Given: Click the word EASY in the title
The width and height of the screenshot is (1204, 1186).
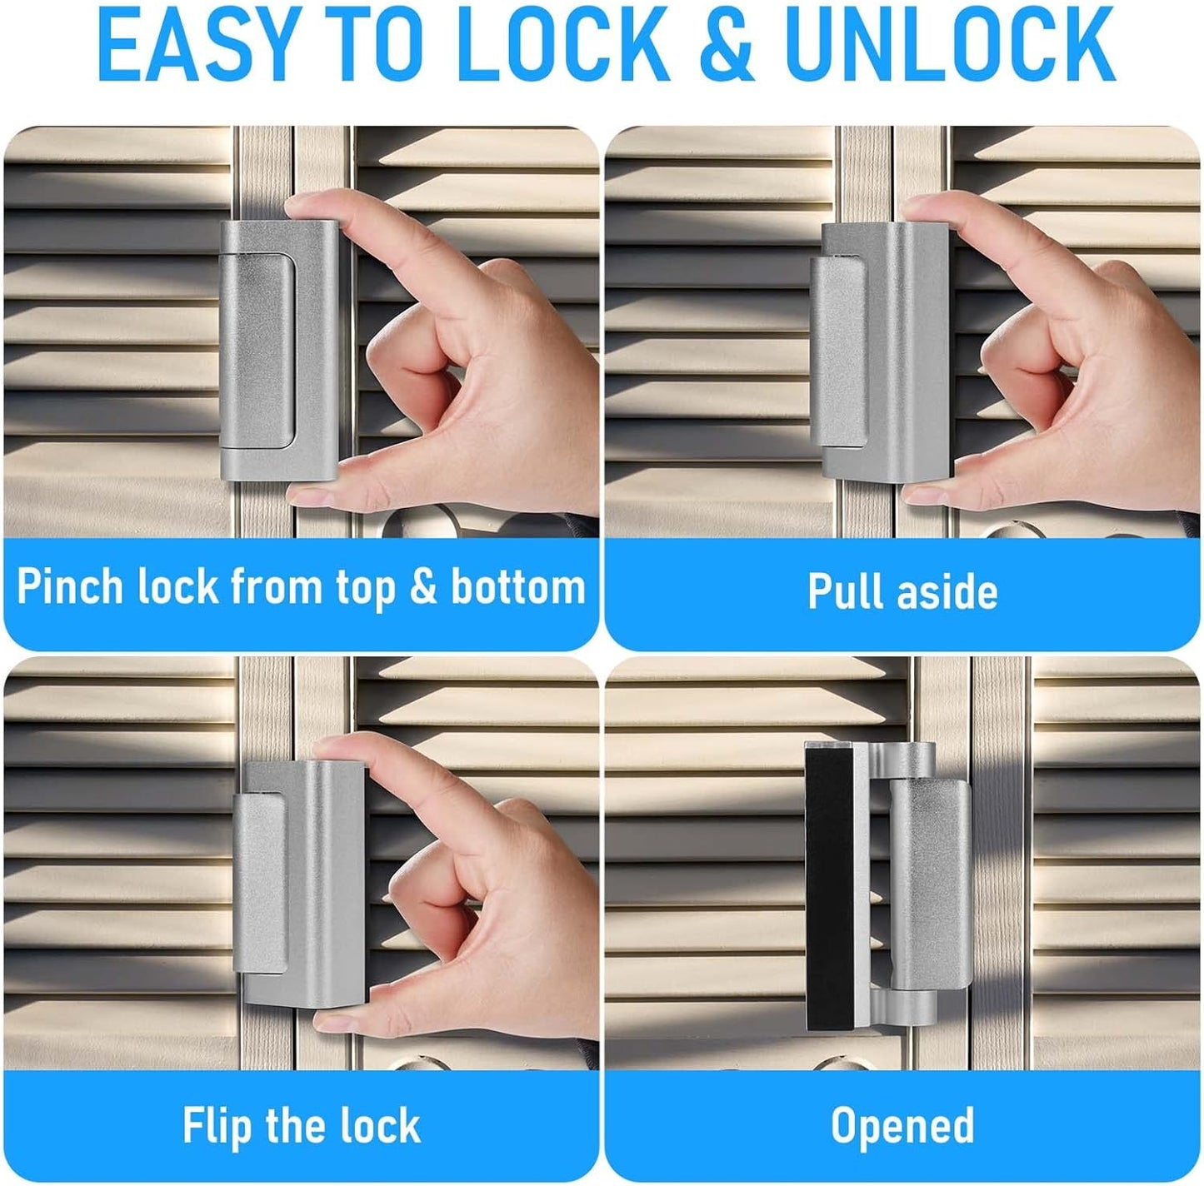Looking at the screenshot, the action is [196, 44].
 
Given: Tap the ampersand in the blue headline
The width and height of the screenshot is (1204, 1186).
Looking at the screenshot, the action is [727, 44].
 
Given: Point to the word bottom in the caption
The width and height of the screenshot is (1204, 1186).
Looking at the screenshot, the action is [517, 586].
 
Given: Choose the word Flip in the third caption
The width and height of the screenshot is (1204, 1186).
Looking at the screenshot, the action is [216, 1126].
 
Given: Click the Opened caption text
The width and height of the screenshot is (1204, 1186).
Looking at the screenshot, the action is [902, 1126].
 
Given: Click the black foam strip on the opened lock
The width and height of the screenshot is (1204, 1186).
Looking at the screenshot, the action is [828, 889].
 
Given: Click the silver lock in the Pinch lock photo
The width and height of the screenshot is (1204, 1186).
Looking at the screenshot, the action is [279, 350].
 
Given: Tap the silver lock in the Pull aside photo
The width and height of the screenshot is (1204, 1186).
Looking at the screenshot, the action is [881, 351].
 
